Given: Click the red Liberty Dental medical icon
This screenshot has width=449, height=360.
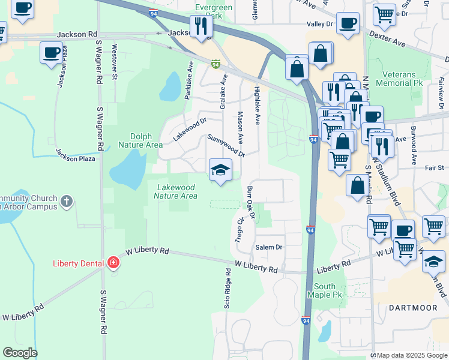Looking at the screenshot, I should coord(113,263).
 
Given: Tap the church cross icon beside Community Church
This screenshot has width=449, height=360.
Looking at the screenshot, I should coord(67,202).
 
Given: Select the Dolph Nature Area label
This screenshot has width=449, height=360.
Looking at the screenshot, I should coord(140,141).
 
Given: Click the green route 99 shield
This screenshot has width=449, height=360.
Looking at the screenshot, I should coord(215,64).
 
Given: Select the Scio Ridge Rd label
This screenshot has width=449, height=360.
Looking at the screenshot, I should coord(228,296).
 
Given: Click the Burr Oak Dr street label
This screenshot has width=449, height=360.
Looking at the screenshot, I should coord(251,202).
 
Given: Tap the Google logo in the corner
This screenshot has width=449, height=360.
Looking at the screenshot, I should coord(19,353).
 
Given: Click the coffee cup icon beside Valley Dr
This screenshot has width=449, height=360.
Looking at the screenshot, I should coord(348,23).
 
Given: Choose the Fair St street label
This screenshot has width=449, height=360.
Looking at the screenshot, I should coord(435,168).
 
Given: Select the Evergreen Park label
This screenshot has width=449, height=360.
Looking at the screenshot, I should coord(200,10).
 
